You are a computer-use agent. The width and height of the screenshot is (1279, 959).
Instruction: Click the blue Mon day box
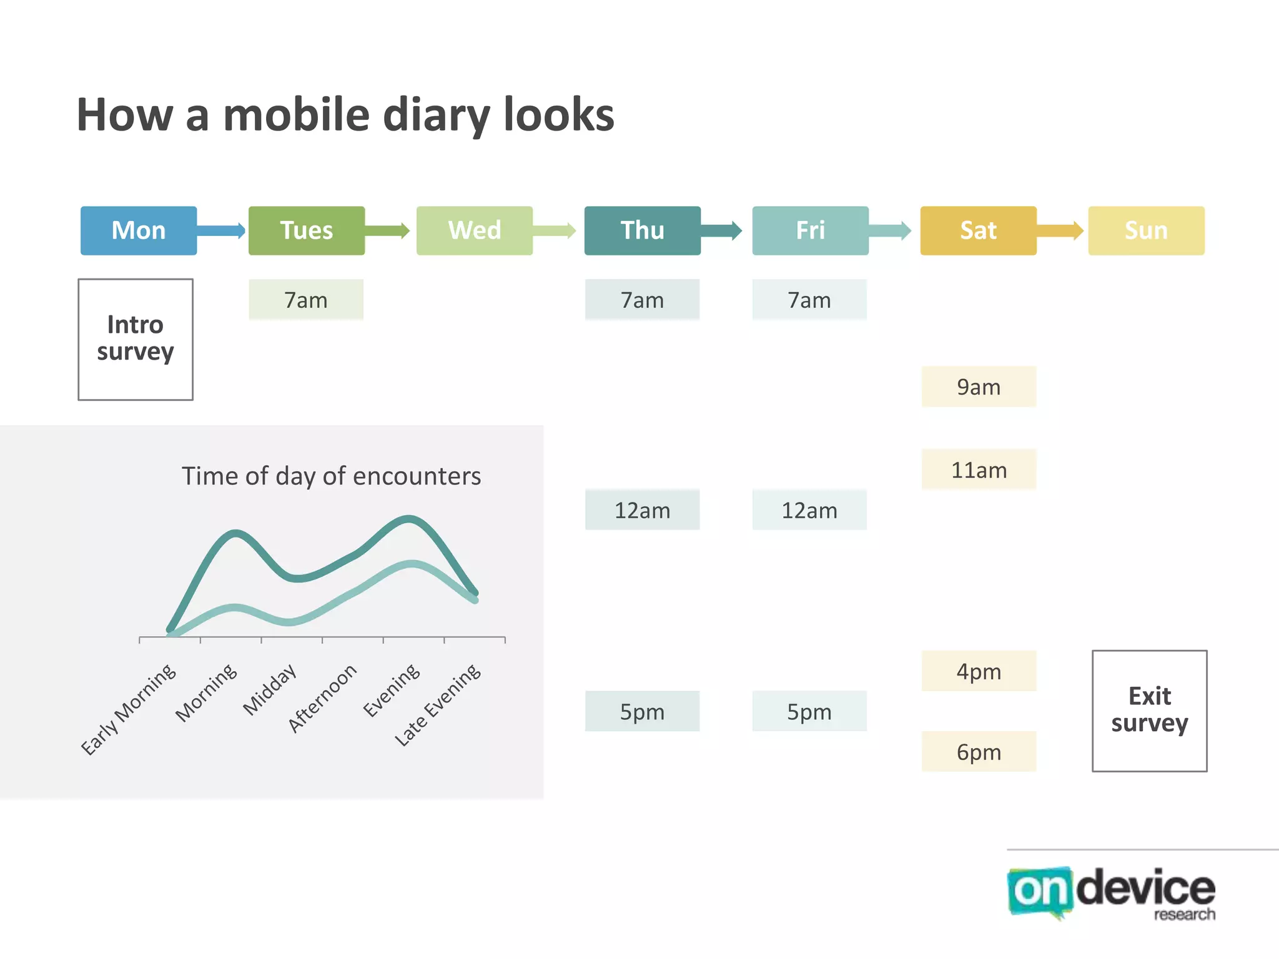[x=139, y=230]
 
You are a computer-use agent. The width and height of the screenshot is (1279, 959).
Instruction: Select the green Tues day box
[x=306, y=230]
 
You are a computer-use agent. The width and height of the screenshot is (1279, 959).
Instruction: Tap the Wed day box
[x=474, y=230]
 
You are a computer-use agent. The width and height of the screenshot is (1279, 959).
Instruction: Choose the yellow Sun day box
[x=1146, y=230]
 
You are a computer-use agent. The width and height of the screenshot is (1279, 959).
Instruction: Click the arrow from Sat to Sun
[x=1060, y=230]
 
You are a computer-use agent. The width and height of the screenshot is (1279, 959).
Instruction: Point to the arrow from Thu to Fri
[x=721, y=230]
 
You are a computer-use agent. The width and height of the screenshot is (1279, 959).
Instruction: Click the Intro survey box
[x=136, y=339]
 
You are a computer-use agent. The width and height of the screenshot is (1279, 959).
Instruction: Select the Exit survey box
[x=1149, y=711]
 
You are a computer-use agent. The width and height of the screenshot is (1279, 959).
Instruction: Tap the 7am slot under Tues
[x=306, y=300]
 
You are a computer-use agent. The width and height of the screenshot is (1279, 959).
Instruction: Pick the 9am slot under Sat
[x=979, y=386]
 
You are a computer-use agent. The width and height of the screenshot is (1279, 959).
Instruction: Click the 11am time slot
[x=979, y=470]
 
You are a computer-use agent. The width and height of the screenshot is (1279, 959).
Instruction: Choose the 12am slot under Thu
[x=642, y=510]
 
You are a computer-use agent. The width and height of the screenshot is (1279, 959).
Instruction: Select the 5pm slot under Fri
[x=809, y=711]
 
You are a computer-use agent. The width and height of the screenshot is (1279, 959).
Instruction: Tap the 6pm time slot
[x=979, y=752]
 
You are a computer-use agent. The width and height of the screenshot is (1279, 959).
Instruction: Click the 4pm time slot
[x=979, y=671]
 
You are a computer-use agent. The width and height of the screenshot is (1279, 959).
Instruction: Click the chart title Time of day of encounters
[x=331, y=476]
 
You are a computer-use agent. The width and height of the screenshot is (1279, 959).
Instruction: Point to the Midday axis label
[x=270, y=689]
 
